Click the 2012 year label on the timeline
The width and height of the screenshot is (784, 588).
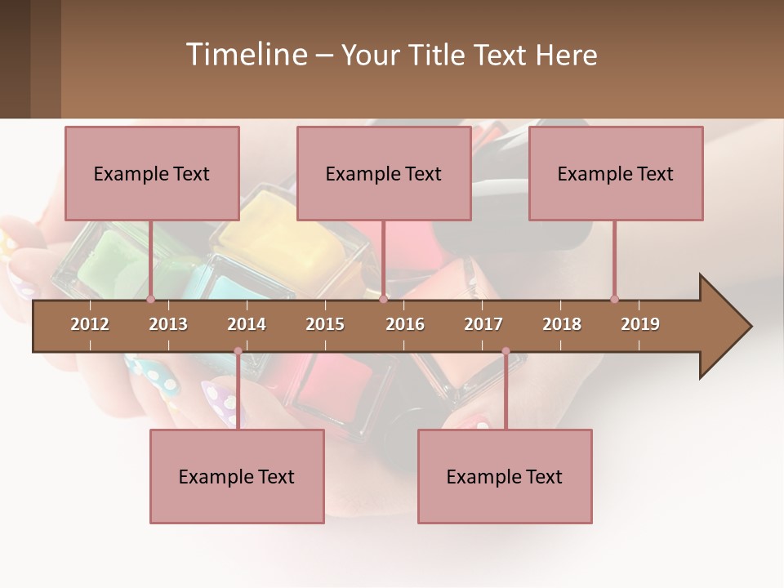[90, 324]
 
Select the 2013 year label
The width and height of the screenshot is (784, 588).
[168, 324]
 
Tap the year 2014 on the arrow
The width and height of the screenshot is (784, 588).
[247, 324]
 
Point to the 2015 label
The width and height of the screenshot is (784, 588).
[325, 324]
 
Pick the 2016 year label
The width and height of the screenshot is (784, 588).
[405, 324]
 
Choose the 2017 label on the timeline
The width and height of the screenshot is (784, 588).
[483, 324]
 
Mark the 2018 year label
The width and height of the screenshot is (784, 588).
[562, 324]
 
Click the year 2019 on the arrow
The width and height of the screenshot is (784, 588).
[640, 324]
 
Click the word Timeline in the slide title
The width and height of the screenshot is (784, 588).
[245, 55]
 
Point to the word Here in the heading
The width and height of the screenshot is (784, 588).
[566, 55]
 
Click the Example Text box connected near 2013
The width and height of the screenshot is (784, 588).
[152, 174]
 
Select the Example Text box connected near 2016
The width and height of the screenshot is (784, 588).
[384, 174]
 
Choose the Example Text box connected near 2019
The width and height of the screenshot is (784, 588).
[616, 174]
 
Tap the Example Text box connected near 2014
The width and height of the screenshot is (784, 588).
[237, 477]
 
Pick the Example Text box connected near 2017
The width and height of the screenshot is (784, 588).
[505, 477]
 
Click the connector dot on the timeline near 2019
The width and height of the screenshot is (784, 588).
[614, 299]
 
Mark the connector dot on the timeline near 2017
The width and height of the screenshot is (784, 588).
[506, 351]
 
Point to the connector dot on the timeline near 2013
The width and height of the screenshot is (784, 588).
[151, 299]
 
